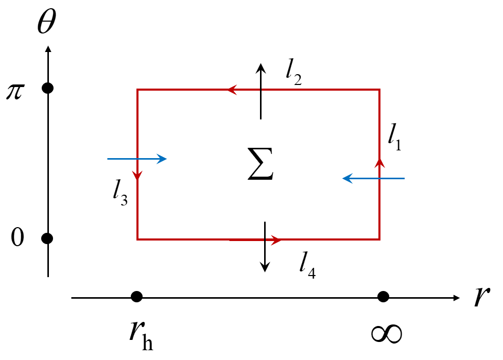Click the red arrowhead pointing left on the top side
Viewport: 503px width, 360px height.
tap(232, 90)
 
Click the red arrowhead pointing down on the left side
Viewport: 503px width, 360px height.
tap(137, 176)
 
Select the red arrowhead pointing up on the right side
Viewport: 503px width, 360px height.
tap(379, 163)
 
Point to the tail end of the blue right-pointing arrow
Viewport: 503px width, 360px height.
tap(108, 159)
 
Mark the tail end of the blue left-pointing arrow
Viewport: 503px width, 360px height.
tap(404, 179)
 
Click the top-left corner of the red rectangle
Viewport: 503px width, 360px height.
tap(137, 90)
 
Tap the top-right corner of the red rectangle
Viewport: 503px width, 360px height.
tap(379, 90)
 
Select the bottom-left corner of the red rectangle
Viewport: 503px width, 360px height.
tap(137, 239)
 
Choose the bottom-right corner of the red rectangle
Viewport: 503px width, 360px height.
tap(379, 239)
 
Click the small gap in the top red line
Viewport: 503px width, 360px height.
tap(261, 90)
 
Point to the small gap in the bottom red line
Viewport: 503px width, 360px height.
tap(265, 239)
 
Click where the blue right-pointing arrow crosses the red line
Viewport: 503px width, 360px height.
tap(137, 159)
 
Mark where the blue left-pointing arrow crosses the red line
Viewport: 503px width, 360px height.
tap(379, 179)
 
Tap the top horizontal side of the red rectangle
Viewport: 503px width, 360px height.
tap(319, 90)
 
